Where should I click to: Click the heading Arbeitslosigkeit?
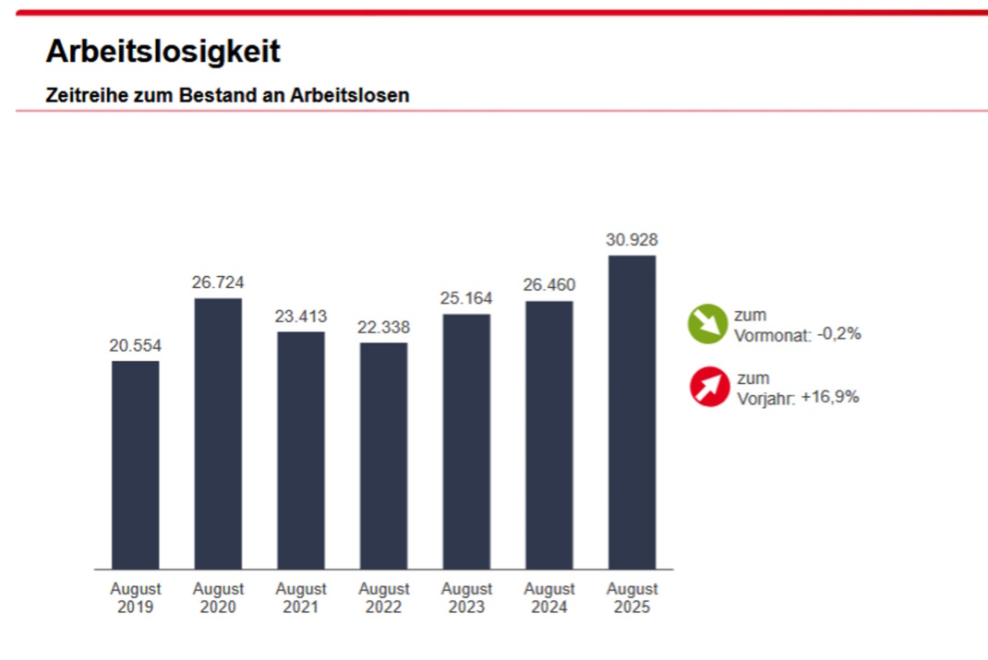click(163, 52)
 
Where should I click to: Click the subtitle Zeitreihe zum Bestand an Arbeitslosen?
click(227, 95)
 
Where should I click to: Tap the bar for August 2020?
click(218, 433)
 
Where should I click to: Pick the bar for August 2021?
click(301, 450)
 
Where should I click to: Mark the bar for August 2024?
click(549, 435)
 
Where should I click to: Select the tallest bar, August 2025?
click(632, 412)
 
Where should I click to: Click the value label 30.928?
click(632, 240)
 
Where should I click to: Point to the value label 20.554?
click(135, 345)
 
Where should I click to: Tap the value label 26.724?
click(218, 282)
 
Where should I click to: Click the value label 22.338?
click(383, 327)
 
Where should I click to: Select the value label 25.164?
click(466, 298)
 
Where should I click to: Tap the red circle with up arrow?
click(709, 387)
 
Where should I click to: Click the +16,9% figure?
click(830, 397)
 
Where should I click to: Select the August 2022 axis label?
click(383, 597)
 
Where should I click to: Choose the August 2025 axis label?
click(632, 597)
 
